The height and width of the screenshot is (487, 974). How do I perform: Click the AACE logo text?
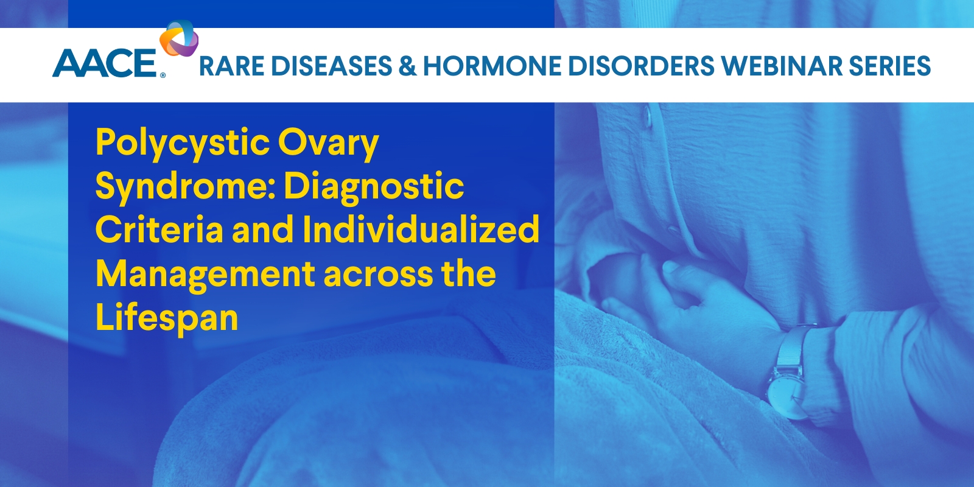(x=105, y=64)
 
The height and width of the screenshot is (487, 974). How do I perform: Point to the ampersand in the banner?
(x=407, y=66)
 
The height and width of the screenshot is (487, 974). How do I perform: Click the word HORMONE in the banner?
(x=492, y=66)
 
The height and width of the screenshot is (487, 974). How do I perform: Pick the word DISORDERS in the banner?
(x=640, y=66)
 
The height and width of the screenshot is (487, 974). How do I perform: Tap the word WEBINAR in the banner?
(x=782, y=66)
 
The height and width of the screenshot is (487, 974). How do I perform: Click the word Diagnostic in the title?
(x=374, y=186)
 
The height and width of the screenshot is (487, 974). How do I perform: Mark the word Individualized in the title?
(x=421, y=230)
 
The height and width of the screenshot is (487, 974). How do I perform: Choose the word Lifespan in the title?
(x=166, y=318)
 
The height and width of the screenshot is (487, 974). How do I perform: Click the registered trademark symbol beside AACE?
(x=163, y=76)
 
